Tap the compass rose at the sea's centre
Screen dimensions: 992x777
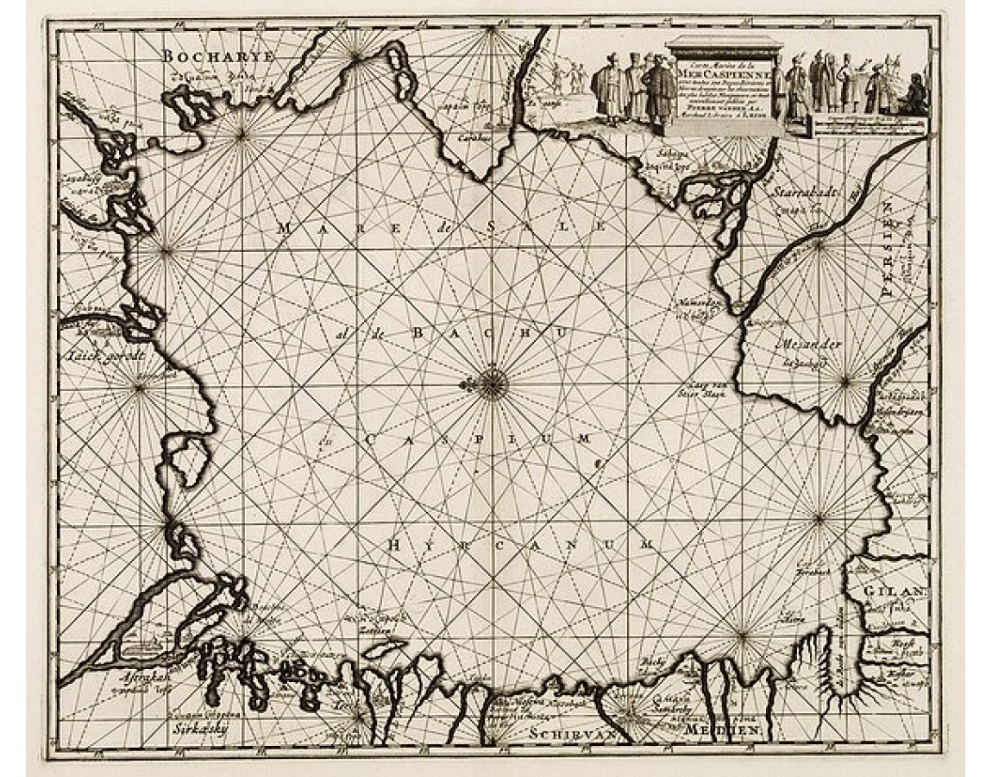pos(492,383)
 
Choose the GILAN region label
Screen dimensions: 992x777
pos(897,592)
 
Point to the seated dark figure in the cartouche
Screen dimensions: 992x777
pos(911,99)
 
